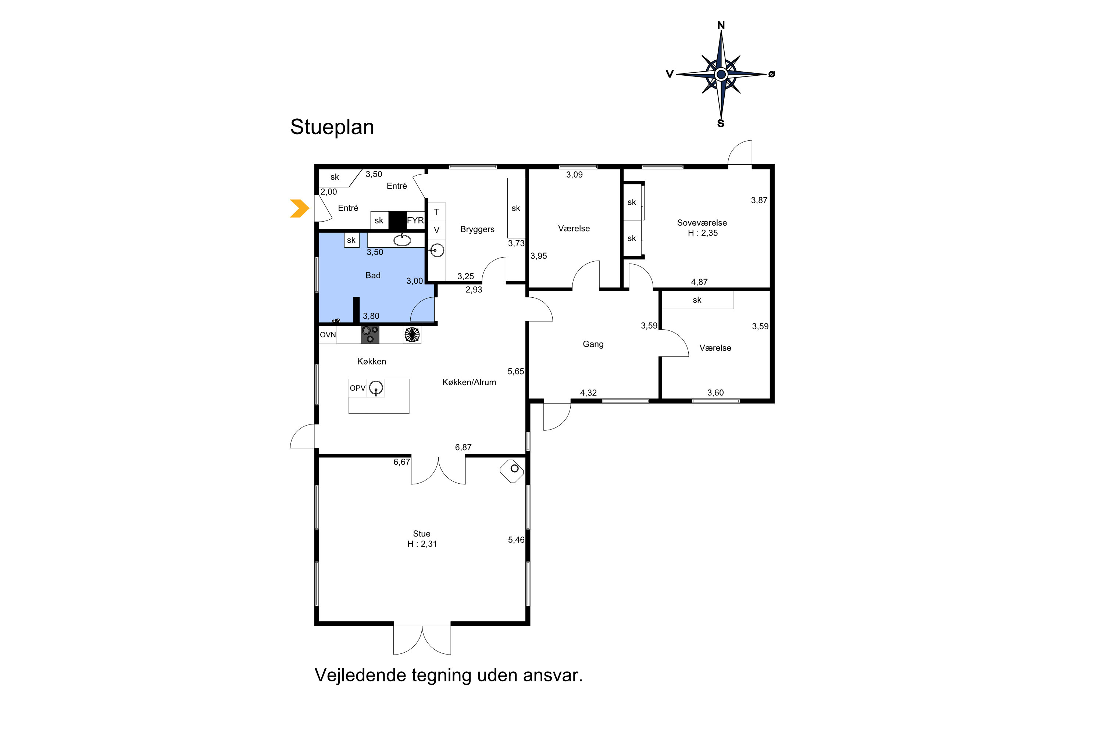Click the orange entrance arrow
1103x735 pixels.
300,209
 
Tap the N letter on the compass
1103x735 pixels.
721,25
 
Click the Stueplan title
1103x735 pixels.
332,128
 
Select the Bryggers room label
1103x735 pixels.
477,230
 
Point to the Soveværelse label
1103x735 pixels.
702,223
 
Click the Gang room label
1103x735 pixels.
593,344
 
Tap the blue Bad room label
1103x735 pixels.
373,275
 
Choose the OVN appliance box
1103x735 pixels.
328,335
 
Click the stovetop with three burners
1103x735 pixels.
370,335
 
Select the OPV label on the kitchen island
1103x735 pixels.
357,388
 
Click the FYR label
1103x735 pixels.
415,220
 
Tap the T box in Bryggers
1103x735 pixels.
437,212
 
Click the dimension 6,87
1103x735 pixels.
463,447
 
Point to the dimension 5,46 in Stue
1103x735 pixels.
516,540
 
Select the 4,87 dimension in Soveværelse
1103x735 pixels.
699,282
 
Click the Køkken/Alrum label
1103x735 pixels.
469,383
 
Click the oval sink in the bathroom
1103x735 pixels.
402,240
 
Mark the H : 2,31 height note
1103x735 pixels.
422,544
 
